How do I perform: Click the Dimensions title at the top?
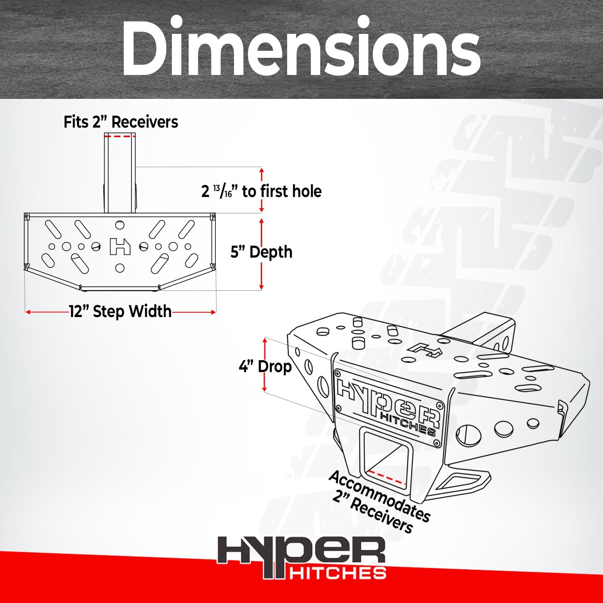coord(301,47)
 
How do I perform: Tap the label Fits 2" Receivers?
coord(121,122)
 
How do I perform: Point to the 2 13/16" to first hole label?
coord(261,191)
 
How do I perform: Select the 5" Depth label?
coord(261,252)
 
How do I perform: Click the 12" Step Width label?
coord(120,311)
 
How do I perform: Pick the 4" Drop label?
coord(265,367)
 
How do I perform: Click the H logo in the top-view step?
coord(120,246)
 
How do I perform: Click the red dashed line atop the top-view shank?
coord(120,136)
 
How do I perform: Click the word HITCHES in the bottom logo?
coord(337,573)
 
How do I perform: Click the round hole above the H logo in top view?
coord(120,225)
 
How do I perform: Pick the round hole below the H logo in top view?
coord(120,268)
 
